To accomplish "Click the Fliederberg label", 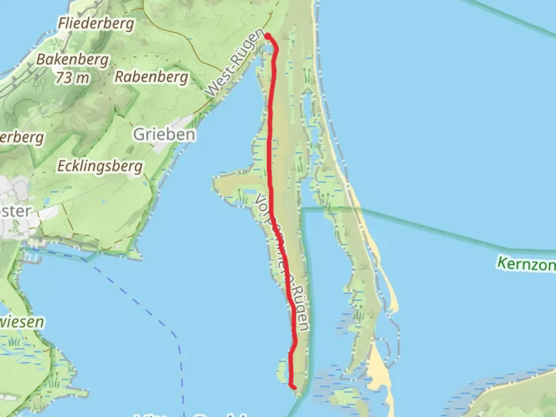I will [x=96, y=24].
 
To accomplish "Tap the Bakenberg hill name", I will [x=73, y=60].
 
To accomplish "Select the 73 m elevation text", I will [x=72, y=78].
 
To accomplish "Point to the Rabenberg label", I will [x=151, y=77].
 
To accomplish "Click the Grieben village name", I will [x=164, y=135].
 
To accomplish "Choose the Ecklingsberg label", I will [x=100, y=166].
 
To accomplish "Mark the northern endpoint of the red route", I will [x=267, y=36].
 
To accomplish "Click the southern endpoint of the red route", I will [x=294, y=387].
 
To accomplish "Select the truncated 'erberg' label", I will [x=22, y=137].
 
